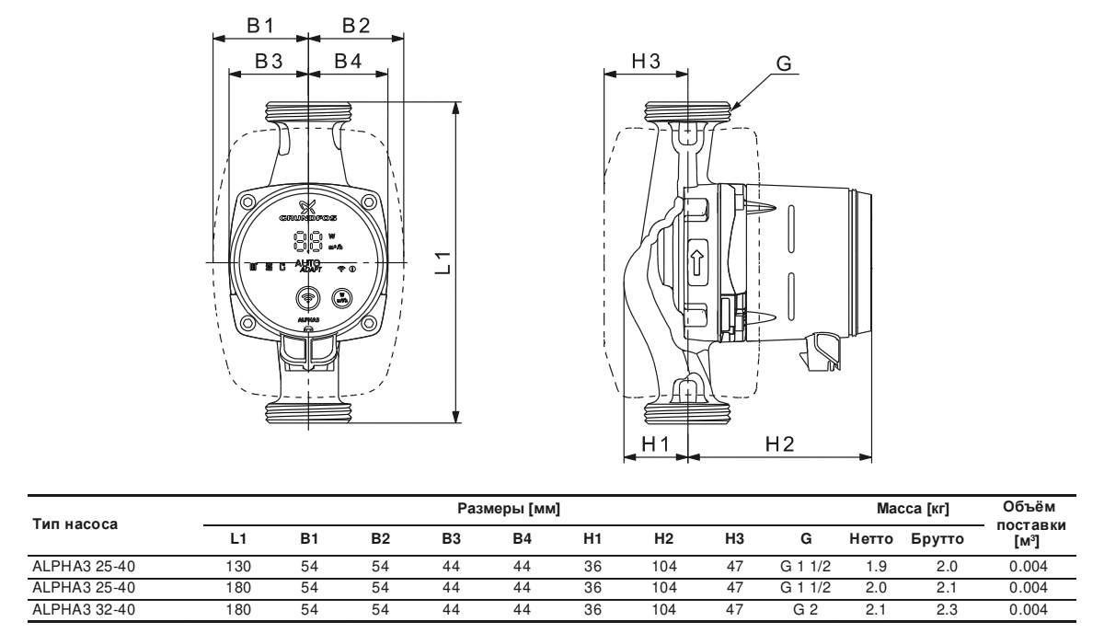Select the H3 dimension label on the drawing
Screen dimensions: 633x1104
point(646,62)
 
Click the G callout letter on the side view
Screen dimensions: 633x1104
point(783,64)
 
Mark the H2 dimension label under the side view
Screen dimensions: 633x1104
point(778,443)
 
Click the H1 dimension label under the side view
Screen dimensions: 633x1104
point(655,443)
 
